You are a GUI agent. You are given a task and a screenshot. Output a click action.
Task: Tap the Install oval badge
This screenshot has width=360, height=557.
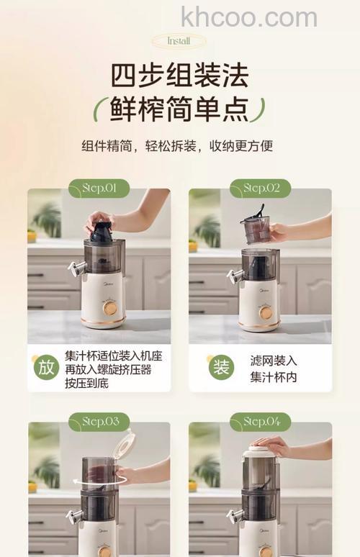click(179, 41)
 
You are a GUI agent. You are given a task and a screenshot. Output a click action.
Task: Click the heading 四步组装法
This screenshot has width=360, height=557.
click(179, 76)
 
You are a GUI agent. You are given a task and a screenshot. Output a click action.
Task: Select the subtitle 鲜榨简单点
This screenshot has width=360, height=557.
click(179, 108)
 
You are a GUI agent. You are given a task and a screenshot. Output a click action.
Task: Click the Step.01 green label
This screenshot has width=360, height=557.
click(99, 189)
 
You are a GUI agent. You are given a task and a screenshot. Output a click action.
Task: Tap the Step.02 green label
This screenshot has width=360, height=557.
click(260, 189)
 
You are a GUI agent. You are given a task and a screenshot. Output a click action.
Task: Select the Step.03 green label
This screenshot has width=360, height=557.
click(99, 421)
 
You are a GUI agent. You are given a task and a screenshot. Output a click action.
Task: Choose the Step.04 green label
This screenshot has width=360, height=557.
click(260, 421)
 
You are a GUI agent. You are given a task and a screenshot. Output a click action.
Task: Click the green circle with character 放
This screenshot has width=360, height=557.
click(46, 367)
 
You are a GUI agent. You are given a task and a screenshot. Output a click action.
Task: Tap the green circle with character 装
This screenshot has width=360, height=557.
click(220, 367)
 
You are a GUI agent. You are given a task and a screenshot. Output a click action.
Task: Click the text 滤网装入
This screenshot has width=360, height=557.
click(273, 360)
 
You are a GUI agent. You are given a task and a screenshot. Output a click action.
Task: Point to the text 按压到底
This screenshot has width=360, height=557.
click(84, 384)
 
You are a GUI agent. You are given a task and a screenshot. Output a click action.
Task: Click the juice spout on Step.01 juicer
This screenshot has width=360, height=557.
click(74, 269)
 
